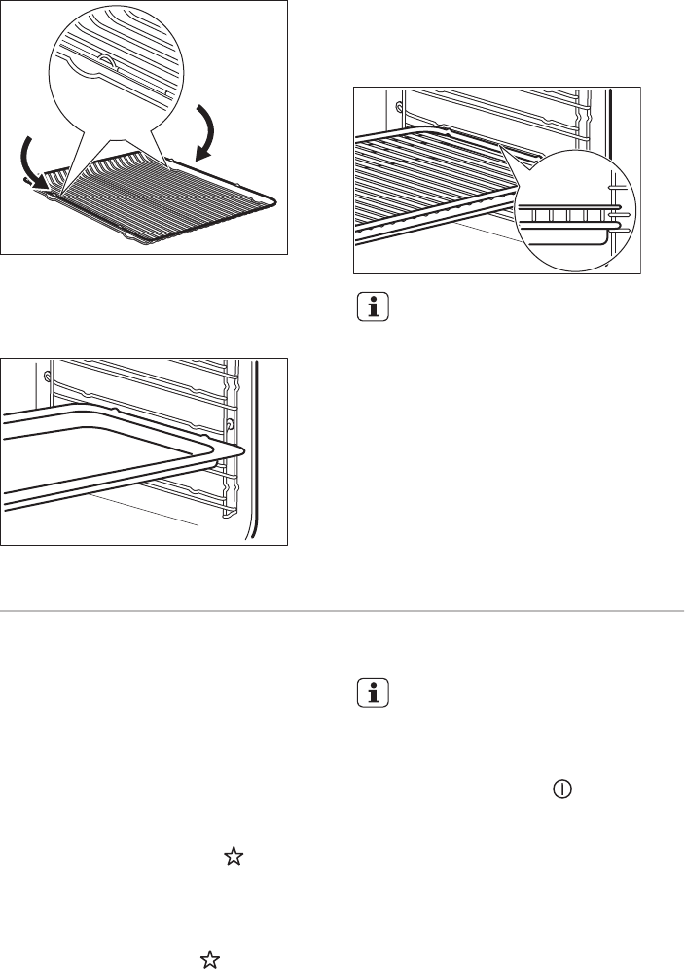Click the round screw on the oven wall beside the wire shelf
[399, 102]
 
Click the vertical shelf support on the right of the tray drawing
[232, 438]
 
